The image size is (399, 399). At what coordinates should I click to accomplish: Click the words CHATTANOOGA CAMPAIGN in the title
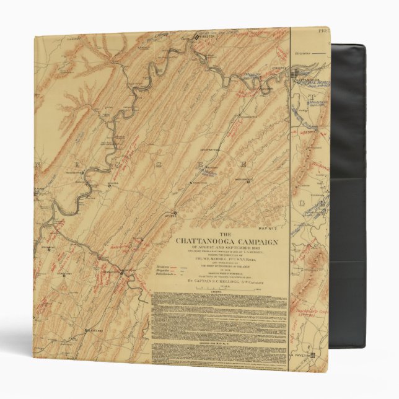pyautogui.click(x=227, y=241)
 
